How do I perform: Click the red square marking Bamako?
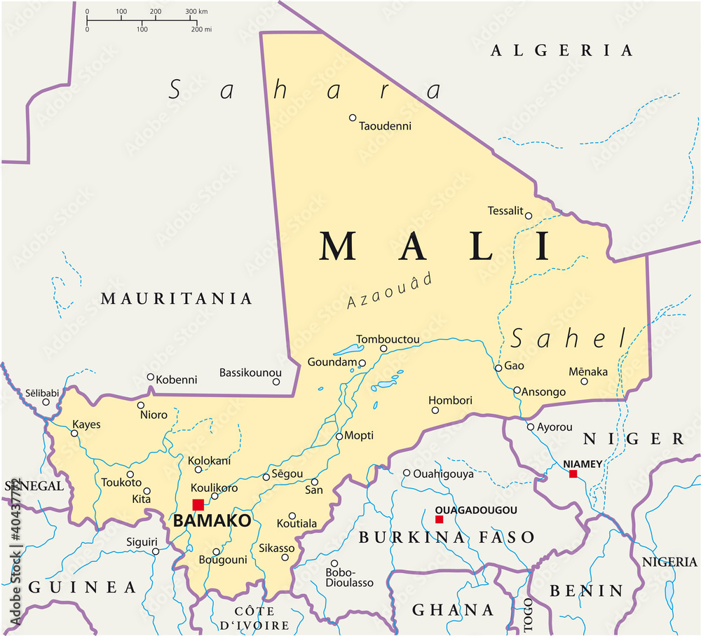(x=198, y=505)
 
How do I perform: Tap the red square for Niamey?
(x=573, y=474)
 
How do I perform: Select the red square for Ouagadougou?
(x=439, y=520)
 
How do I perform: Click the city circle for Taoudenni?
(x=353, y=118)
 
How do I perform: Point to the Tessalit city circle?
(x=529, y=216)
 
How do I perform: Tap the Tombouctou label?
(x=388, y=340)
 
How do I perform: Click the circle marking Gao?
(x=498, y=368)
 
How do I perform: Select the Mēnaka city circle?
(x=584, y=382)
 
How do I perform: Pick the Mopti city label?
(x=359, y=436)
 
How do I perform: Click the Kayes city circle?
(x=74, y=433)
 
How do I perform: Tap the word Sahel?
(x=568, y=339)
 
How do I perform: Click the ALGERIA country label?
(x=562, y=50)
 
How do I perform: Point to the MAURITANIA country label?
(x=176, y=299)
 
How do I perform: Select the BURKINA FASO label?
(x=447, y=538)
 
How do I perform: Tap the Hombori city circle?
(x=435, y=410)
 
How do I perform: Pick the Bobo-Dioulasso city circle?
(x=334, y=563)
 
